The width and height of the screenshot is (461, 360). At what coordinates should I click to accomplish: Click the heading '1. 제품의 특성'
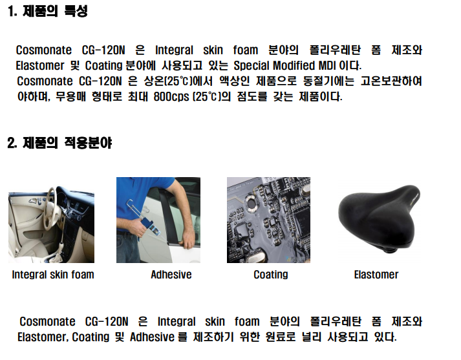48,12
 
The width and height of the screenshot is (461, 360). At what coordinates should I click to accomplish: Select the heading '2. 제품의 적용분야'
59,143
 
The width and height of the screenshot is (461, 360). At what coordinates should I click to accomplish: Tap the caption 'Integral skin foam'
53,275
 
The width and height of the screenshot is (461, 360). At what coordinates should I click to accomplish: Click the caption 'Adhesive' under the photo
171,275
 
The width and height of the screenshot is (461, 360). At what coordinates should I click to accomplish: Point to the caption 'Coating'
271,275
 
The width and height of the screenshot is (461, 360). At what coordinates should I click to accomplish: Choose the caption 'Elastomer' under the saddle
376,275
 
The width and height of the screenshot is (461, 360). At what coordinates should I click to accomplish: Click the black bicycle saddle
380,218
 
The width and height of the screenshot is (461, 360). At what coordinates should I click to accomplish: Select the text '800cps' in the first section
171,97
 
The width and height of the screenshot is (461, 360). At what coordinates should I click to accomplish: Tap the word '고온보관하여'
391,81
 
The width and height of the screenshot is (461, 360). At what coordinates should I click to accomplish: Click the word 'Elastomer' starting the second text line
40,65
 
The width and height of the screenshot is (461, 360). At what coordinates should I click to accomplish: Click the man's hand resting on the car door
188,240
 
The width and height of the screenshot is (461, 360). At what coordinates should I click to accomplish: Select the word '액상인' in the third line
234,81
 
